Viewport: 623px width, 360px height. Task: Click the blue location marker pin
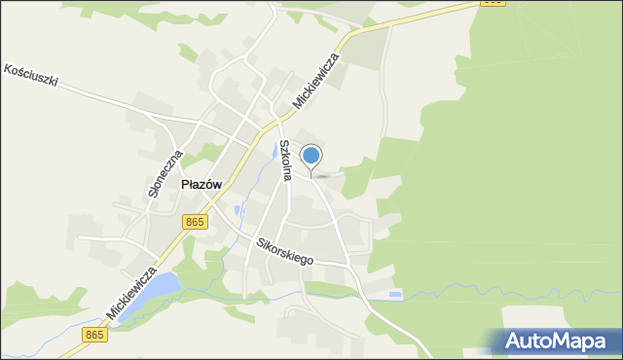(311, 156)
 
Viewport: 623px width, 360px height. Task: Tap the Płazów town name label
(202, 185)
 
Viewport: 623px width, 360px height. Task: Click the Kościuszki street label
(31, 76)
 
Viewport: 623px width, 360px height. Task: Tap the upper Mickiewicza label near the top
(315, 80)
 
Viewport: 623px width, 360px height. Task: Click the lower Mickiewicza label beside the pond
(132, 292)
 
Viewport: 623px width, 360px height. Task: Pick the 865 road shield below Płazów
(195, 222)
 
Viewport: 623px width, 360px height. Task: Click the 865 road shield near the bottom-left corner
(94, 335)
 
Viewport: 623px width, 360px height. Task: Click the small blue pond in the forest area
(394, 294)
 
